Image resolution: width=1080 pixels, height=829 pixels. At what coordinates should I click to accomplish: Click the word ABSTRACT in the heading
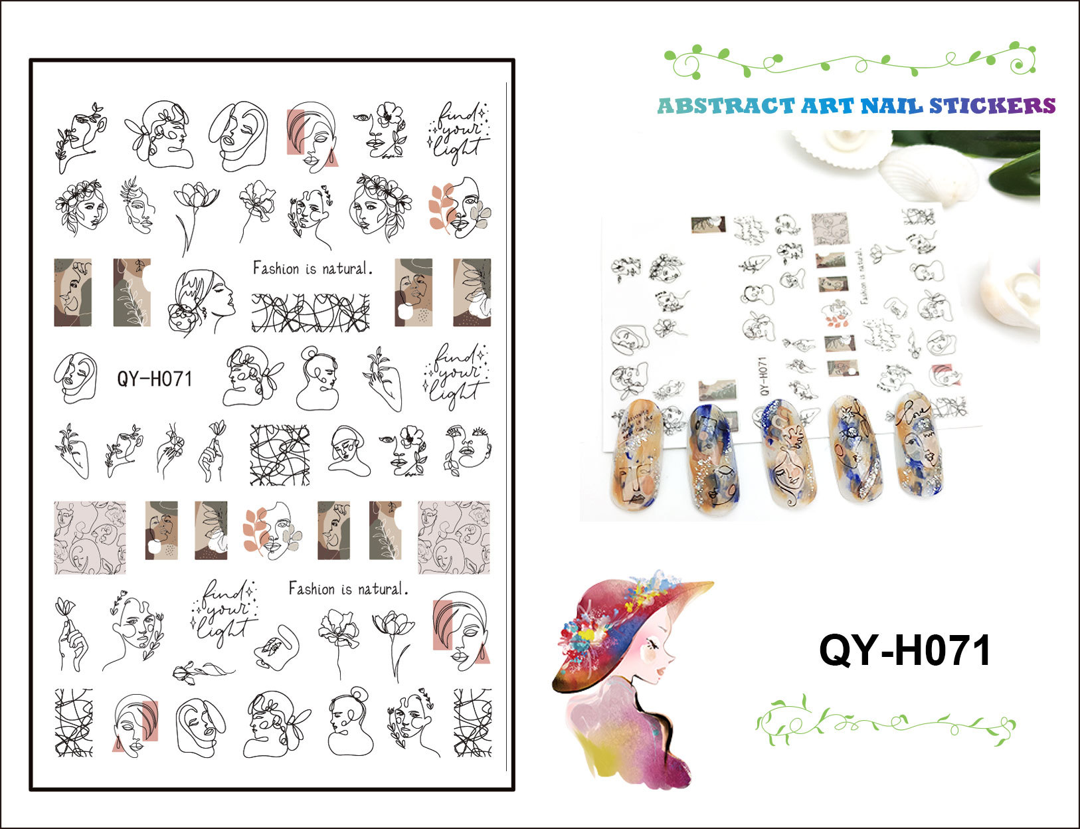[725, 106]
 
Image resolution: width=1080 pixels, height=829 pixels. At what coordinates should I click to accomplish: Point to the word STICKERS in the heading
[992, 106]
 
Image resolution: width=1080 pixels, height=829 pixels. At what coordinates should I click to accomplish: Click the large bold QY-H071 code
[905, 650]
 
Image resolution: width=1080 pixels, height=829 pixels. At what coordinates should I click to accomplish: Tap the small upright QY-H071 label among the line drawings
[155, 379]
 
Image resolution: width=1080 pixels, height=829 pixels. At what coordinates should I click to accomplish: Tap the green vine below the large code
[885, 722]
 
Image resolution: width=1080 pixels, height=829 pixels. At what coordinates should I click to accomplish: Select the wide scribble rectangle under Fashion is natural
[310, 313]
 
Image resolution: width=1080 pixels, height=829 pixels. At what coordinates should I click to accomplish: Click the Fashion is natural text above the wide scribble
[312, 268]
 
